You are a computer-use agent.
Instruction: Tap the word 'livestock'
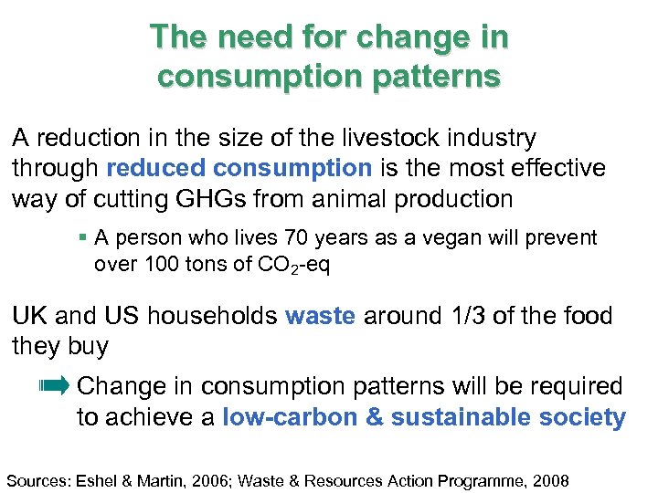tap(390, 139)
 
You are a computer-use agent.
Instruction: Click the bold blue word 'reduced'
tap(156, 168)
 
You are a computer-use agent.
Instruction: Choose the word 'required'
tap(572, 386)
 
